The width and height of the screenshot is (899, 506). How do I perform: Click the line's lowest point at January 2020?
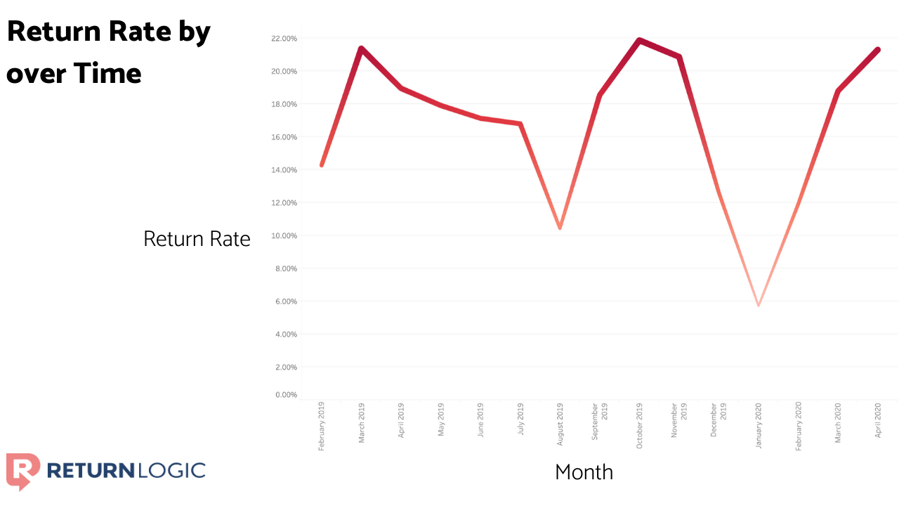[759, 305]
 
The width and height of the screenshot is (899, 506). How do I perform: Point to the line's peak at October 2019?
[639, 40]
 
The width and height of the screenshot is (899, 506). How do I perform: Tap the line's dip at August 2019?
[560, 228]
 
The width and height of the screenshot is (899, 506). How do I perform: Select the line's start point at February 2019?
[322, 165]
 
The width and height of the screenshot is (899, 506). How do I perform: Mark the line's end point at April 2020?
[878, 50]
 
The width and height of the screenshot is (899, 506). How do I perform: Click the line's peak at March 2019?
[361, 48]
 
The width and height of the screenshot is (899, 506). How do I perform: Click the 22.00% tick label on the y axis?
[284, 38]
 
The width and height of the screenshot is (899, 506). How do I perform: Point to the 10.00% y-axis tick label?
[284, 235]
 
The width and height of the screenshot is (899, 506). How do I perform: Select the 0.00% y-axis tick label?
[286, 395]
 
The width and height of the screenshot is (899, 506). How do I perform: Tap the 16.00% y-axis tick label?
[284, 137]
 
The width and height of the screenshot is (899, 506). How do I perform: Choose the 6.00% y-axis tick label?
[286, 301]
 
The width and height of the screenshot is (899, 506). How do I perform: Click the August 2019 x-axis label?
[560, 425]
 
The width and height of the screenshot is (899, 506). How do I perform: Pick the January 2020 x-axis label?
[759, 425]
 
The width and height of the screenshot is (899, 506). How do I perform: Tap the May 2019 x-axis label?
[441, 420]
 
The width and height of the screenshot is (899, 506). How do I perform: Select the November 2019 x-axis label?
[678, 420]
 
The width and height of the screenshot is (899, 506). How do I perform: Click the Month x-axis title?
[584, 472]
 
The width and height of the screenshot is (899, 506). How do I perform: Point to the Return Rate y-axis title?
[197, 239]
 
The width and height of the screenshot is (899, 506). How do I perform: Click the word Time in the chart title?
[109, 73]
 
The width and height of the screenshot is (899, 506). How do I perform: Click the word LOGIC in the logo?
[171, 470]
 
